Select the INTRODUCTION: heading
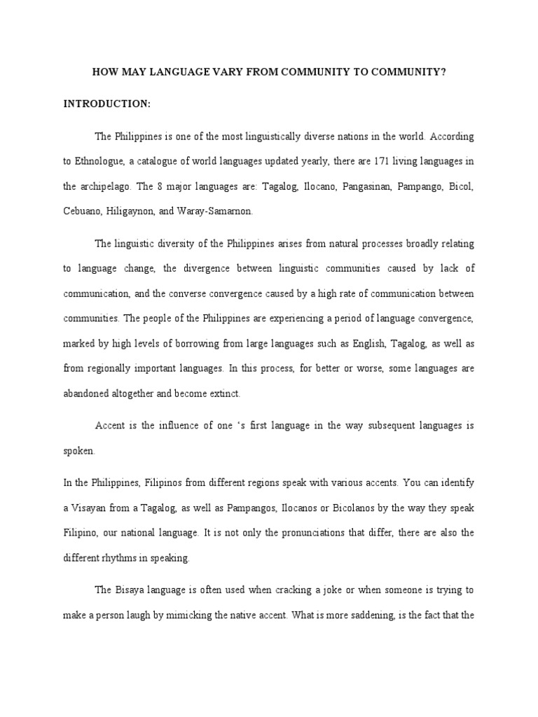107,104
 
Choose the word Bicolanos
356,508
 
